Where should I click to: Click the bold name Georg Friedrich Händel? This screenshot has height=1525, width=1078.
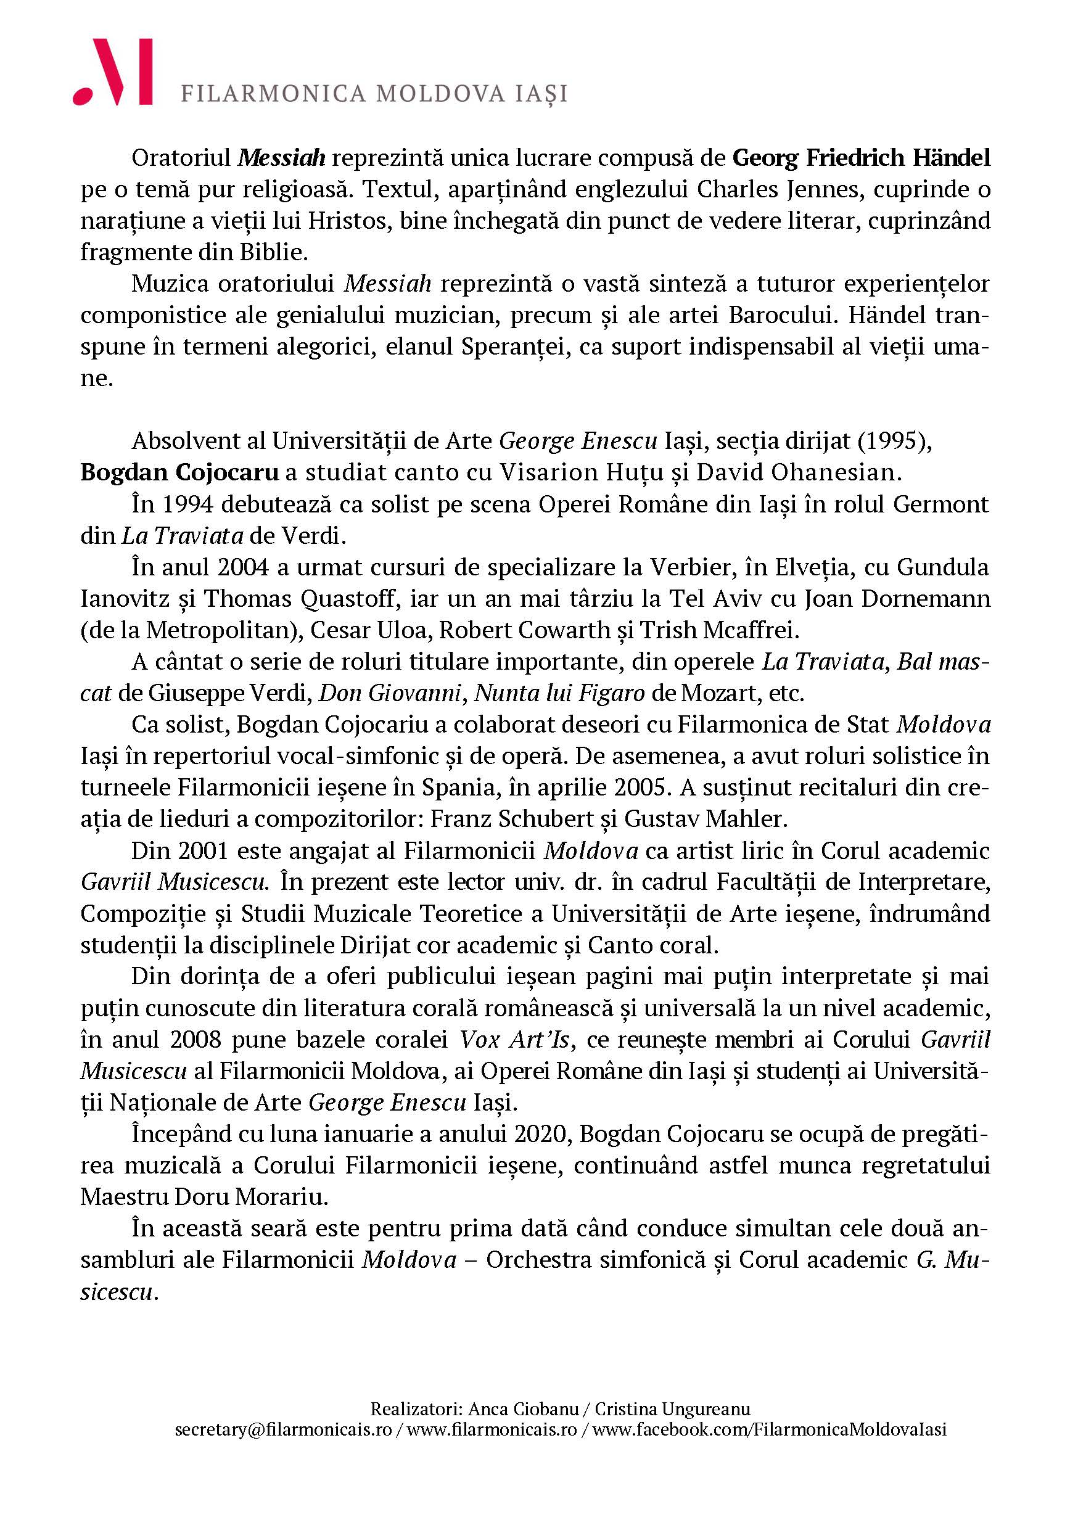click(861, 158)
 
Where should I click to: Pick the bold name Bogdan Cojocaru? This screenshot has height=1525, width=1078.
click(179, 472)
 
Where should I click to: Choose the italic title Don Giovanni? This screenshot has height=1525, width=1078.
click(390, 693)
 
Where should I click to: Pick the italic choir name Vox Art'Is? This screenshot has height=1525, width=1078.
click(515, 1040)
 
